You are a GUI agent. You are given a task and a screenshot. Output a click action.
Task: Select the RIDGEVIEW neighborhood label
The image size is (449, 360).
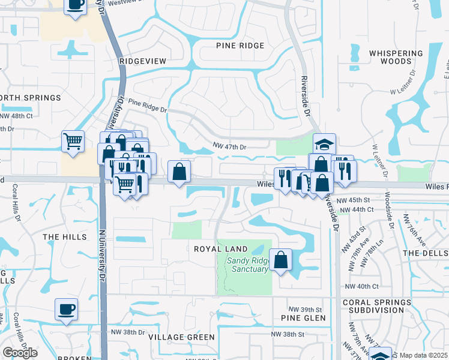click(142, 61)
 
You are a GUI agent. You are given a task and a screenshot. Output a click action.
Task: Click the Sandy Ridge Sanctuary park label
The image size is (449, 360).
click(247, 265)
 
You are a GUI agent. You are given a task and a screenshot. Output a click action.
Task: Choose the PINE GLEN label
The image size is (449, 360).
click(303, 318)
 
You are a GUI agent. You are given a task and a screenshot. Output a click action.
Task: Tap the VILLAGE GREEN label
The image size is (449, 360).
click(176, 337)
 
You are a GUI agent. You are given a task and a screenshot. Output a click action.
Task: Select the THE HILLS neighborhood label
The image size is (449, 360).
click(65, 238)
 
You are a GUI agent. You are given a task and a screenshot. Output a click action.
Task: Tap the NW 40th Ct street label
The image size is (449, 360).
click(367, 287)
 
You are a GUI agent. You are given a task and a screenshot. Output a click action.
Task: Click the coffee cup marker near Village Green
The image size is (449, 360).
click(66, 309)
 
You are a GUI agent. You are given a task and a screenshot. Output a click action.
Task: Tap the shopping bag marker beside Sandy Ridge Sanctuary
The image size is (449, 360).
click(280, 260)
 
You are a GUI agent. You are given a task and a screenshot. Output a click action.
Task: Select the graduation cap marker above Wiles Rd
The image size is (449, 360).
click(324, 144)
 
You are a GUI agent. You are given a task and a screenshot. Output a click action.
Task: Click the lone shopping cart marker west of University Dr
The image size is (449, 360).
click(73, 142)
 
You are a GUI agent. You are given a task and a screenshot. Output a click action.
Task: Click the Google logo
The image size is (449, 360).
click(20, 353)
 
